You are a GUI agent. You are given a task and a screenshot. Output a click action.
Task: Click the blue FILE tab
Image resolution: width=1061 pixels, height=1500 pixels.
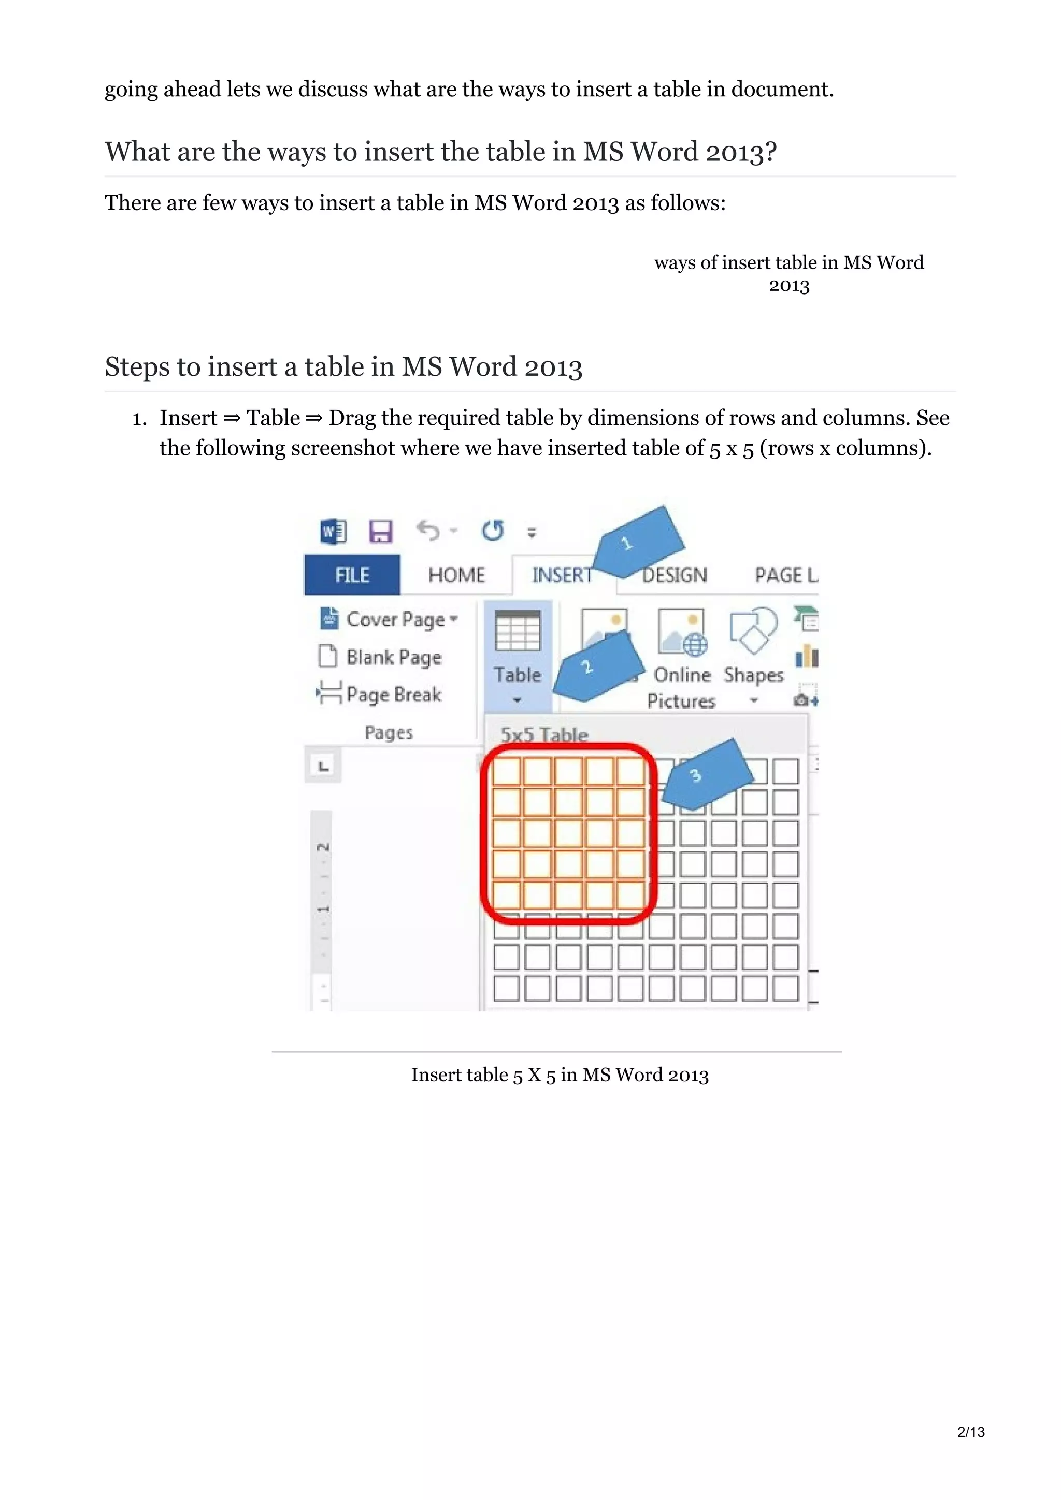point(352,575)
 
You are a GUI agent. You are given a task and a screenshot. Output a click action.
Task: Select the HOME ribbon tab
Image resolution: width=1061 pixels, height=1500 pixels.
point(456,575)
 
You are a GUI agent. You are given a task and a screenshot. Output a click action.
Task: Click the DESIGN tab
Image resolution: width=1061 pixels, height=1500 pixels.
point(675,575)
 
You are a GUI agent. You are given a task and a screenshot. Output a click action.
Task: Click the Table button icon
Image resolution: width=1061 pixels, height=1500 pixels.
point(517,631)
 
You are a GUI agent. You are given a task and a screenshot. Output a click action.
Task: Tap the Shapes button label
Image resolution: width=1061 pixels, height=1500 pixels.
point(753,675)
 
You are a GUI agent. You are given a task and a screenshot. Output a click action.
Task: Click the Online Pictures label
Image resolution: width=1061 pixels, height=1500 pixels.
point(681,687)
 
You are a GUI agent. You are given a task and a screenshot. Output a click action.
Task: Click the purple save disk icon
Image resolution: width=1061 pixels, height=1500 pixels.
point(380,531)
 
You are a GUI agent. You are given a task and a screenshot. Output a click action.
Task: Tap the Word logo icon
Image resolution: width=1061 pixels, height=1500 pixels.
point(333,531)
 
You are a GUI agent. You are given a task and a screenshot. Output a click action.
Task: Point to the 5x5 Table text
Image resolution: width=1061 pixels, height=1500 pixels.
point(544,734)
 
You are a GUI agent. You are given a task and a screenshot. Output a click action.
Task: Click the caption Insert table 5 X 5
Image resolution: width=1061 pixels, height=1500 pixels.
point(559,1075)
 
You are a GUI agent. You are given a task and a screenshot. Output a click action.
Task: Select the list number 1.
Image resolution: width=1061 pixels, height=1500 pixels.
point(139,419)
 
